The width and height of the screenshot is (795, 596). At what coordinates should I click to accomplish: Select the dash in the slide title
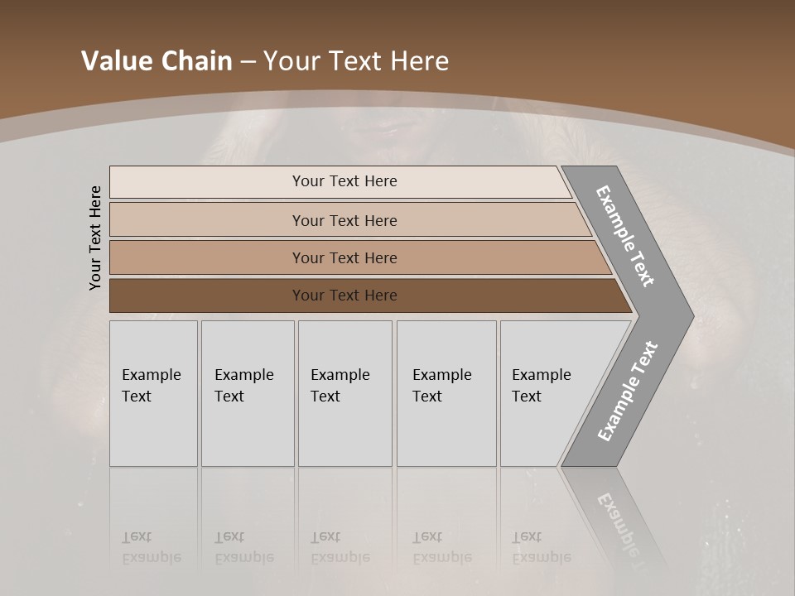tap(248, 62)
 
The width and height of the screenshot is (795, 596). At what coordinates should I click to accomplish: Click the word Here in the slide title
tap(419, 61)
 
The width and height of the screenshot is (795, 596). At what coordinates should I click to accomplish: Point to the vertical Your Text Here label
tap(95, 238)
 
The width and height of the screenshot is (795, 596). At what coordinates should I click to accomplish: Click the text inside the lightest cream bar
tap(344, 181)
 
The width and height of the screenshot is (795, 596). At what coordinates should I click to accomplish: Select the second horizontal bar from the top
tap(344, 220)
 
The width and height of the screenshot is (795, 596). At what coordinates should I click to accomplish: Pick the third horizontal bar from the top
tap(344, 257)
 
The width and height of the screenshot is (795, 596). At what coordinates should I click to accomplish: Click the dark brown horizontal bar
tap(344, 296)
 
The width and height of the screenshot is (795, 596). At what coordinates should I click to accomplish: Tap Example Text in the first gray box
tap(151, 386)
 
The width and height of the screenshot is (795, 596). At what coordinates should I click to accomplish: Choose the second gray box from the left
tap(247, 392)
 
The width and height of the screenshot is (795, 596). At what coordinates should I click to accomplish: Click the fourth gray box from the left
tap(446, 392)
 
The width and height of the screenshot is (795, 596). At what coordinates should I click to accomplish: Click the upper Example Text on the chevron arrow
tap(625, 236)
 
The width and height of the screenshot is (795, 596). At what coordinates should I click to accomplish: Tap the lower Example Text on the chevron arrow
tap(628, 391)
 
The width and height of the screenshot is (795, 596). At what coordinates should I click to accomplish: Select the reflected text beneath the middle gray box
tap(340, 547)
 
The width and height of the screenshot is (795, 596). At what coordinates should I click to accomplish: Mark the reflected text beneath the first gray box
tap(151, 547)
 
